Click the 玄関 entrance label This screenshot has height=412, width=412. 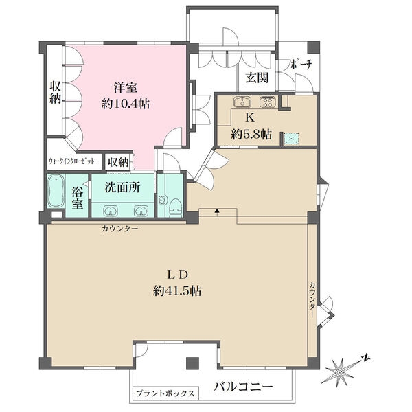pos(257,78)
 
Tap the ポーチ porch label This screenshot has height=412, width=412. pos(301,64)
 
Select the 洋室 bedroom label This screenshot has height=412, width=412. pos(126,87)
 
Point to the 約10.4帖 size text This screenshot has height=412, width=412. pos(126,104)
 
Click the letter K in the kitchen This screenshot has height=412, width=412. pos(250,117)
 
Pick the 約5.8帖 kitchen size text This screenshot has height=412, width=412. pos(251,135)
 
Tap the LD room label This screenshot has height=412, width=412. pos(178,275)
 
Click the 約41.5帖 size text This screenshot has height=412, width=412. pos(178,291)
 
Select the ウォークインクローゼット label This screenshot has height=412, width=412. pos(71,161)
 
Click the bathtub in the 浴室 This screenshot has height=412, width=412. pos(56,191)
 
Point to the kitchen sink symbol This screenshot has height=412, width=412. pos(242,102)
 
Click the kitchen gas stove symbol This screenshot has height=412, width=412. pos(268,102)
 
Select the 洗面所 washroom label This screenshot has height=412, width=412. pos(122,187)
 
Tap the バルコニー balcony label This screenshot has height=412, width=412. pos(243,387)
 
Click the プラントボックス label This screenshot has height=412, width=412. pos(165,393)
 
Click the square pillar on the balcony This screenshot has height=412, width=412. pos(192,363)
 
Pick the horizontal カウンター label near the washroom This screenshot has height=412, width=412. pos(119,229)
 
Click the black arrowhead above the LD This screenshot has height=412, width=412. pos(217,211)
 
